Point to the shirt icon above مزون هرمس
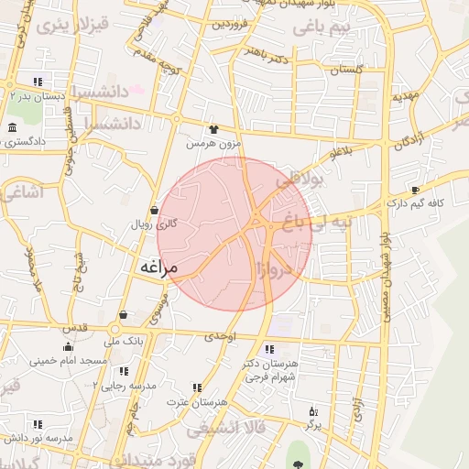coord(213,130)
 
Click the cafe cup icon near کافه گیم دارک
coord(415,191)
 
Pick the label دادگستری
coord(25,141)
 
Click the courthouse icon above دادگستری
coord(12,127)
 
